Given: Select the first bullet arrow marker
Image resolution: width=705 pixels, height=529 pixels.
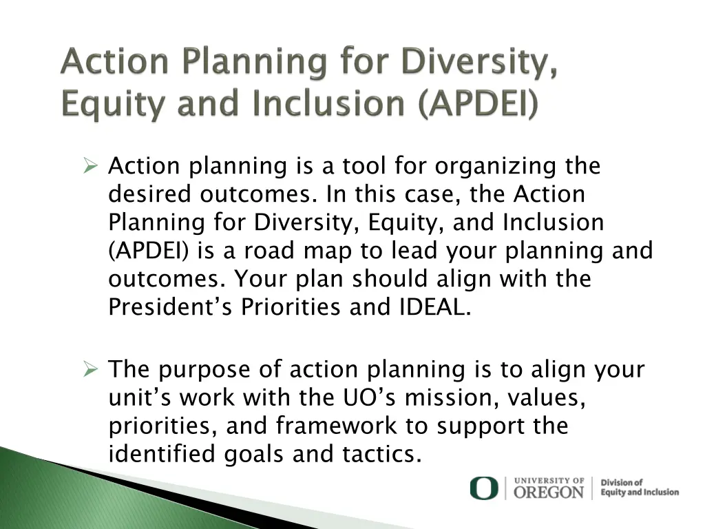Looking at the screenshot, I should pos(90,166).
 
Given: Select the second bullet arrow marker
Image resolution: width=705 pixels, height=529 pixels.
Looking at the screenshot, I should pos(90,370).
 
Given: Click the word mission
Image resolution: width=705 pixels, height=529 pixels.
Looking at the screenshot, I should pos(461,398).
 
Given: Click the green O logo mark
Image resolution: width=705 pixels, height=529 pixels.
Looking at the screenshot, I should pos(483,488).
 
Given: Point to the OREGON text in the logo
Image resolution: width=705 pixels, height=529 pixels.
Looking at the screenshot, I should pos(549,492).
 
